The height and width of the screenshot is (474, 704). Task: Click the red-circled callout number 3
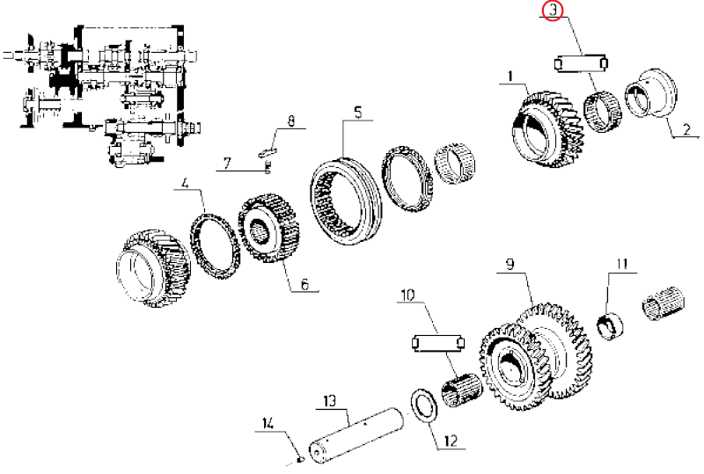(552, 11)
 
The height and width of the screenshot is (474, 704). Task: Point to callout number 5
(358, 112)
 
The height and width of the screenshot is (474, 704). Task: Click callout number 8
(291, 122)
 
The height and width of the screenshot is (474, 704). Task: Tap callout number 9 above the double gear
(509, 264)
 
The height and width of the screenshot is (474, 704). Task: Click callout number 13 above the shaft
(330, 402)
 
